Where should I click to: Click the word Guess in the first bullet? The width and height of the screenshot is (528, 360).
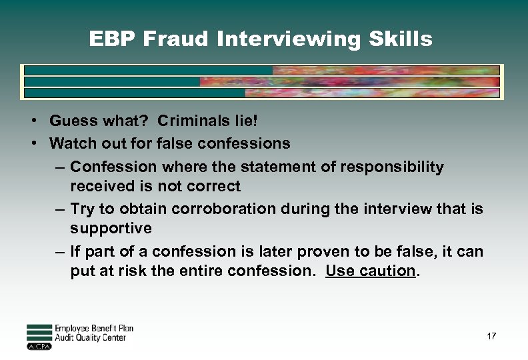pos(74,121)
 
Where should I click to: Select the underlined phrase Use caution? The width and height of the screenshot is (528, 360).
pos(370,271)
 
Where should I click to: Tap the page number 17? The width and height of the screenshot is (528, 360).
pos(491,336)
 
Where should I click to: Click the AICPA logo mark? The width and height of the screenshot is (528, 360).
pos(39,347)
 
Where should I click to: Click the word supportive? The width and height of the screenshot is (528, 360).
pos(111,228)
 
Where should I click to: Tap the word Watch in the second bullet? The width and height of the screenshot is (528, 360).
pos(73,143)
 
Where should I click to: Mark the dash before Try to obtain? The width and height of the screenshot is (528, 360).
pos(60,209)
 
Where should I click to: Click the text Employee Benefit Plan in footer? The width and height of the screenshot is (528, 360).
pos(94,329)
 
